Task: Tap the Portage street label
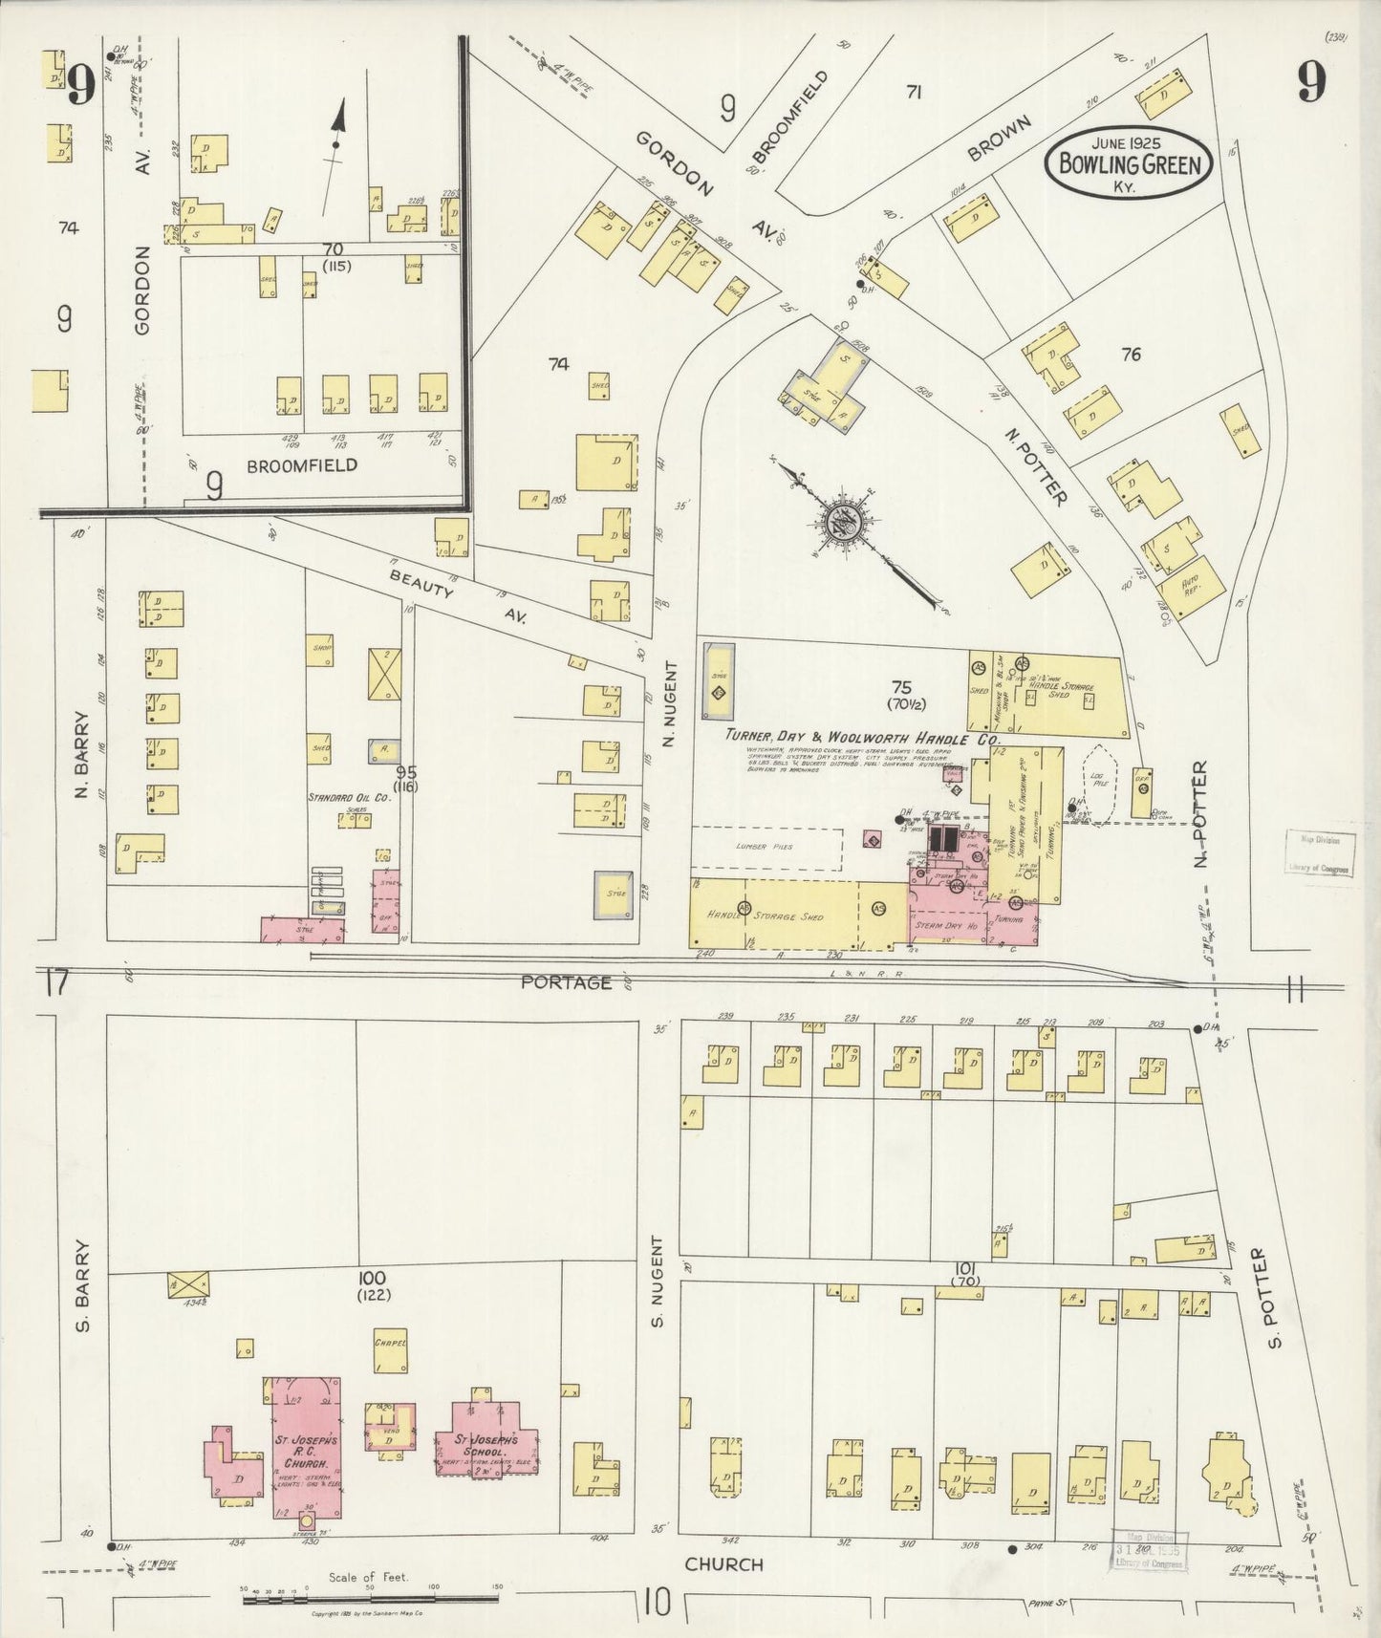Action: point(567,981)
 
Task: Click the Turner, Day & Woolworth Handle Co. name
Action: point(861,739)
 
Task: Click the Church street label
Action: point(723,1564)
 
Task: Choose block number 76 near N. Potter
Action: point(1131,355)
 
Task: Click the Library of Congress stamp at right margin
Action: point(1317,853)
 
